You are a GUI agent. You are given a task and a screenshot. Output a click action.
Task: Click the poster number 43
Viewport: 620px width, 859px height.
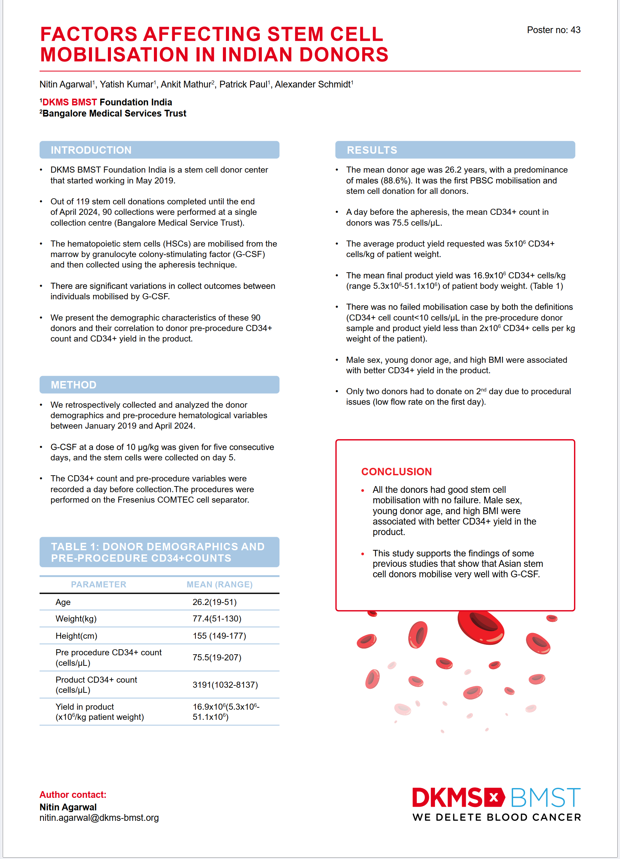pos(553,30)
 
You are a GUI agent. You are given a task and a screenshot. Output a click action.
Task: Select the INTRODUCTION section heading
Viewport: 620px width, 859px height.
pos(91,150)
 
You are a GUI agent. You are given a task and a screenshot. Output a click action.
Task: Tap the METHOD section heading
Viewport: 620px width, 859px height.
pos(73,385)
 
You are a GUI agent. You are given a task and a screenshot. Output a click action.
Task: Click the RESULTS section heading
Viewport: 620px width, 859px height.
pos(372,150)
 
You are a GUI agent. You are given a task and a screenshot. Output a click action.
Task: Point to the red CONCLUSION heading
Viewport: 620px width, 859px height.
pos(396,472)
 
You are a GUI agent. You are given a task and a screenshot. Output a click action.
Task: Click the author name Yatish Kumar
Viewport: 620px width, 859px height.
pos(127,84)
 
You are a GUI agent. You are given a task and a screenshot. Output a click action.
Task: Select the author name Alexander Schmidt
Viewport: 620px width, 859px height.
pos(313,84)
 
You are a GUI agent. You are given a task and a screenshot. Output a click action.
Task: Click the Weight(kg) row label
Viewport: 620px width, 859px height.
pos(76,618)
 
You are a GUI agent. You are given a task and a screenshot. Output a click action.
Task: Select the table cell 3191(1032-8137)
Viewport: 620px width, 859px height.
pos(225,684)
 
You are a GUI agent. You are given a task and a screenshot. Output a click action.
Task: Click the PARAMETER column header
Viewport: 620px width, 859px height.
pos(98,584)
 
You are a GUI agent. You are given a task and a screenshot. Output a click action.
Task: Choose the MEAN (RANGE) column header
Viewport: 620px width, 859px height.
pos(219,584)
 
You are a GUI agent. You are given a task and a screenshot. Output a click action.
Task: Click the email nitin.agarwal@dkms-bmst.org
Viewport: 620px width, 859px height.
pos(99,817)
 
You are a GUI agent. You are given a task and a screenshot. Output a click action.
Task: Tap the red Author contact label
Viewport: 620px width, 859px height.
pos(73,794)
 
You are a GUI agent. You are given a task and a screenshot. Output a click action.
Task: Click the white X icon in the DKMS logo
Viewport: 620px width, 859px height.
pos(493,797)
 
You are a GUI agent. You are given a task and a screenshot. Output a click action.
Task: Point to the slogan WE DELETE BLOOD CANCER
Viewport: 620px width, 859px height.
pos(497,817)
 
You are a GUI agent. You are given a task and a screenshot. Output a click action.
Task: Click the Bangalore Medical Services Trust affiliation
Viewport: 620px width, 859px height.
pos(114,113)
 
